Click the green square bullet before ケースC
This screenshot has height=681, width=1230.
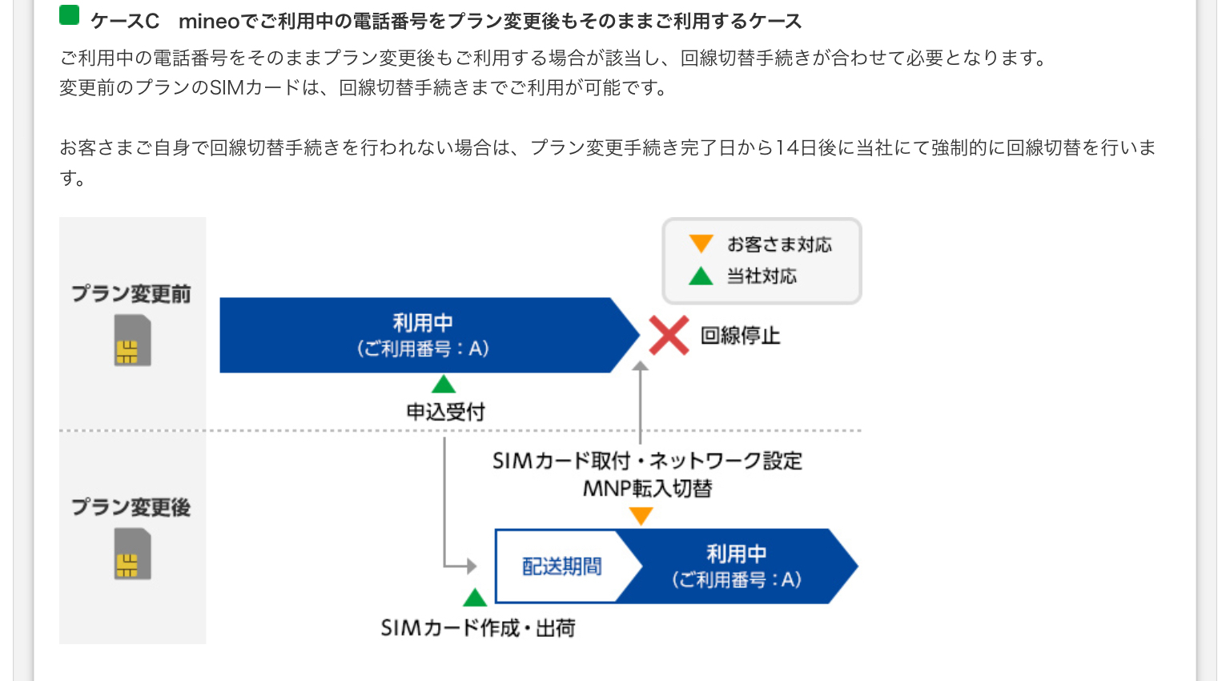click(x=70, y=16)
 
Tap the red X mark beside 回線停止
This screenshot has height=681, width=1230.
click(x=669, y=335)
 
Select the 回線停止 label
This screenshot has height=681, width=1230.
click(x=740, y=336)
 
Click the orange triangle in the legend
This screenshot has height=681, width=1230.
click(x=701, y=244)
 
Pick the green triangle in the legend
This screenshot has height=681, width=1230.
click(x=701, y=276)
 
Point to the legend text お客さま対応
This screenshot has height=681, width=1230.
click(x=779, y=244)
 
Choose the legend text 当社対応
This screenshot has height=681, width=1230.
click(x=762, y=276)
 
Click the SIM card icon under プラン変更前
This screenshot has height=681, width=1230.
click(x=132, y=340)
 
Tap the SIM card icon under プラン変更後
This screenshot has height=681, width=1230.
click(x=132, y=554)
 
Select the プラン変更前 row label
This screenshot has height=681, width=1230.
click(x=131, y=294)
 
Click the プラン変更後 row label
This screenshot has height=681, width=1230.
click(x=131, y=507)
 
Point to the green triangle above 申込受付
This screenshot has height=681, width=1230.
click(x=444, y=384)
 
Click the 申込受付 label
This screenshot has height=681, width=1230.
click(x=445, y=412)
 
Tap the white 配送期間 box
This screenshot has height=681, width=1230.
click(x=561, y=566)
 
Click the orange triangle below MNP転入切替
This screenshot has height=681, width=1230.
click(x=641, y=516)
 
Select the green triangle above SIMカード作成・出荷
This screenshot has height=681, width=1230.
click(x=475, y=598)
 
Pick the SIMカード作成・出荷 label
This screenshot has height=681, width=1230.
click(x=478, y=628)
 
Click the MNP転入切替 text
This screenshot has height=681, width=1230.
click(x=647, y=488)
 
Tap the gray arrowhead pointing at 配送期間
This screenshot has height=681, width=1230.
click(x=472, y=566)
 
